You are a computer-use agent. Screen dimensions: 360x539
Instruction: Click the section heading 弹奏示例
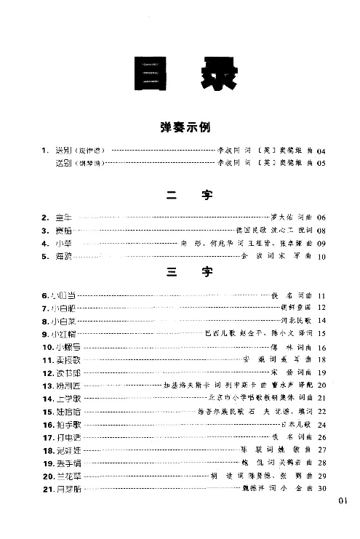coord(185,126)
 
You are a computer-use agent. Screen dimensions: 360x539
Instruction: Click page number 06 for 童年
coord(322,217)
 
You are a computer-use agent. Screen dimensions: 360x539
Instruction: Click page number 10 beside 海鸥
coord(322,257)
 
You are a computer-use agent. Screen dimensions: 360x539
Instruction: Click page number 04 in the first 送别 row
coord(322,151)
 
